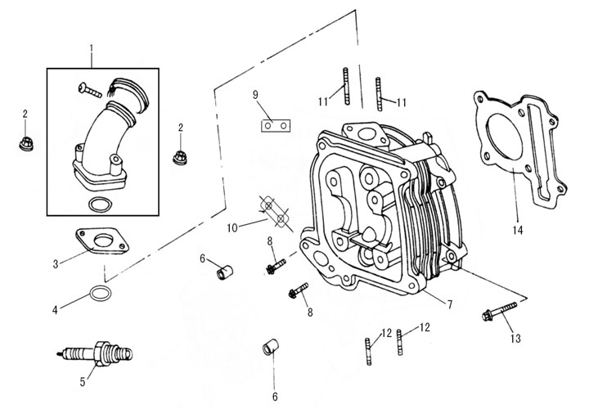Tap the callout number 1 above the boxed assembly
tap(92, 59)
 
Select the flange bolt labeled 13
tap(498, 312)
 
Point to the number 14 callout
tap(516, 231)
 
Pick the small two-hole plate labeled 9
tap(276, 127)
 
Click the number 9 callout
tap(255, 95)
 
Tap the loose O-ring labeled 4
tap(99, 293)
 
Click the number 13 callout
tap(515, 337)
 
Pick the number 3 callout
tap(54, 263)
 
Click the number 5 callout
tap(82, 382)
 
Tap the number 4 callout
tap(54, 310)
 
